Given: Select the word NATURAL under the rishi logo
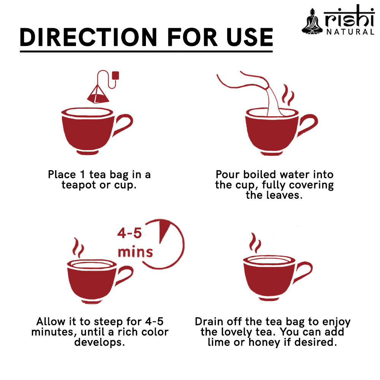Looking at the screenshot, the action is tap(350, 32).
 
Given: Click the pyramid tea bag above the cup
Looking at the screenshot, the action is tap(98, 95).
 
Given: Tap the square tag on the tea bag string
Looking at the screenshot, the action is tap(116, 75).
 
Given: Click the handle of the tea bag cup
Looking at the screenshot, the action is tap(123, 124).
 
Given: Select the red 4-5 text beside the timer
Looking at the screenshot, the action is tap(130, 233).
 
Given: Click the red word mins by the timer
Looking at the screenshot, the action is tap(135, 252).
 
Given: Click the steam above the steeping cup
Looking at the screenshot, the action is tap(78, 247).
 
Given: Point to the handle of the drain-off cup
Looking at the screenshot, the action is tap(303, 272).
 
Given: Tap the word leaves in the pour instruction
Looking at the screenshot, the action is tap(283, 195).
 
